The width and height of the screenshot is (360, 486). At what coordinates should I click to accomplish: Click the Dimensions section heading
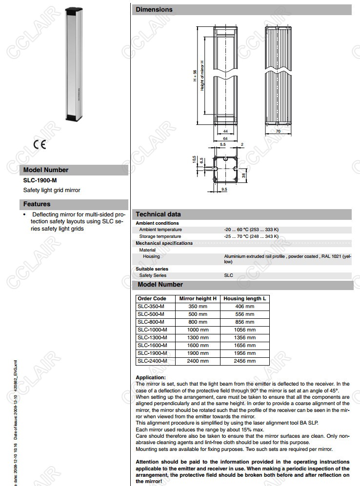[x=154, y=9]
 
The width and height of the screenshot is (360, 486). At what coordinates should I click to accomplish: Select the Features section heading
[x=37, y=204]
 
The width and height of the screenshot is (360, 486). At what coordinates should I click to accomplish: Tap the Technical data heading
[x=158, y=214]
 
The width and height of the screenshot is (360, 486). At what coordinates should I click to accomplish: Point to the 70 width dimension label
[x=278, y=132]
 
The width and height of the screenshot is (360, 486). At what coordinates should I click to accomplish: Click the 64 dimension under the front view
[x=225, y=138]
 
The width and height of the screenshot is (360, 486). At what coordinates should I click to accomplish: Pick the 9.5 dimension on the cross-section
[x=224, y=189]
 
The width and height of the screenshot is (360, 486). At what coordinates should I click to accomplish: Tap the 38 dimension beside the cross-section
[x=243, y=175]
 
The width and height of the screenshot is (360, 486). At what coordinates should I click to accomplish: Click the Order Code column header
[x=152, y=298]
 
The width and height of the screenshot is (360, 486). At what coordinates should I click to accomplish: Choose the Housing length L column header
[x=244, y=298]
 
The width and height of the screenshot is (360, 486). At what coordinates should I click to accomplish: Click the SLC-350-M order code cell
[x=151, y=306]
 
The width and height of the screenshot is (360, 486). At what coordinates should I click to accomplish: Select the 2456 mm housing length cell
[x=244, y=361]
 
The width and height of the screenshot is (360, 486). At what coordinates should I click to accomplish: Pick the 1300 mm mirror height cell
[x=198, y=337]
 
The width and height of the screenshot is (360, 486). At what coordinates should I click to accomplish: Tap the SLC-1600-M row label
[x=152, y=345]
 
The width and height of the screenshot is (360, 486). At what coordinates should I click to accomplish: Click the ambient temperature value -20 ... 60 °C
[x=251, y=230]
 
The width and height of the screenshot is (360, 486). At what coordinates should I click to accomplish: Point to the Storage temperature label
[x=160, y=236]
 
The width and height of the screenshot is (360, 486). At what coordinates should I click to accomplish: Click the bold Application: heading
[x=151, y=377]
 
